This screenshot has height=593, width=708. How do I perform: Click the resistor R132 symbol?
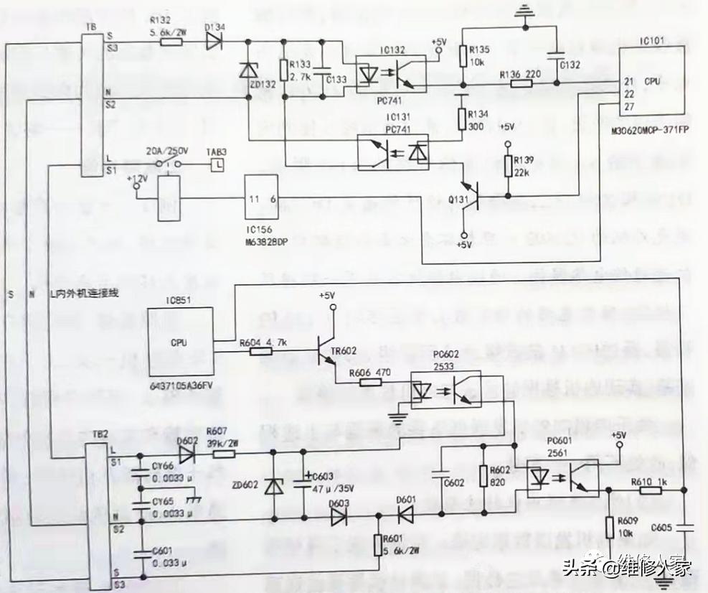pos(170,41)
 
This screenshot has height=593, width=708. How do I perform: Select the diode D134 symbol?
pos(214,41)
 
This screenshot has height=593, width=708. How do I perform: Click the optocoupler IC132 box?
pos(387,75)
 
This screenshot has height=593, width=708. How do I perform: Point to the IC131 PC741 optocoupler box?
pos(393,152)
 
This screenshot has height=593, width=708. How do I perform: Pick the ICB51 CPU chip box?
pos(180,341)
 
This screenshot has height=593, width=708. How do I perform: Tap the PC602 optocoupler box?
pos(456,392)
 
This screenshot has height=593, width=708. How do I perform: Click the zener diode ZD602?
pos(273,486)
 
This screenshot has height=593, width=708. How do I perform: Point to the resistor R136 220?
pos(521,84)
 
